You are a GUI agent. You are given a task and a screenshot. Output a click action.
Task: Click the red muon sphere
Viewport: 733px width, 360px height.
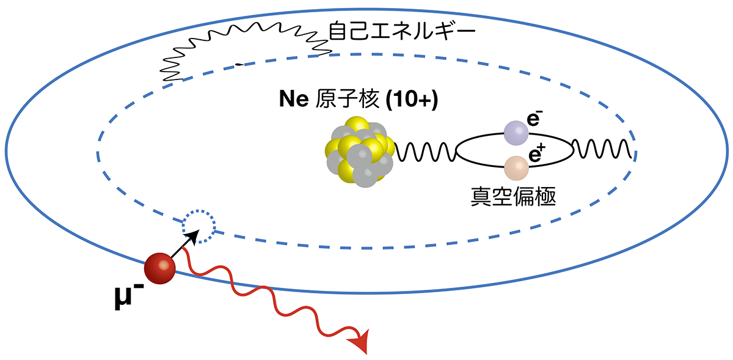point(159,268)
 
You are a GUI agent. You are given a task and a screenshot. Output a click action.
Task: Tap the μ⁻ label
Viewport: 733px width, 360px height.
point(129,297)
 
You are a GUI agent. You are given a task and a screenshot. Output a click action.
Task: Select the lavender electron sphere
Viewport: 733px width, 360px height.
point(516,133)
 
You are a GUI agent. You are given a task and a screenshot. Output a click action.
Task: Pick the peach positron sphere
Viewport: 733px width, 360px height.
point(516,168)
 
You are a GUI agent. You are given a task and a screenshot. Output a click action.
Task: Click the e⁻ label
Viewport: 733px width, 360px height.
point(534,119)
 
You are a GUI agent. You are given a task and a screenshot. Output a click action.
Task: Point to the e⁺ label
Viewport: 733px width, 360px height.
point(537,154)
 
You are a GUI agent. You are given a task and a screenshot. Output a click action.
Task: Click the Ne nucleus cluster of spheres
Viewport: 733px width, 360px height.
point(360,152)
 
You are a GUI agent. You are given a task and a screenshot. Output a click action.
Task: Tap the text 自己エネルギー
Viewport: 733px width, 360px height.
point(402,31)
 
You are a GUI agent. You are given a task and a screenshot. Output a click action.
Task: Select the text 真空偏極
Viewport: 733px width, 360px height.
point(514,197)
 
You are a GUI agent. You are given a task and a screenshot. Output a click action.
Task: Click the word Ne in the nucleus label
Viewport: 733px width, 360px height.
point(294,98)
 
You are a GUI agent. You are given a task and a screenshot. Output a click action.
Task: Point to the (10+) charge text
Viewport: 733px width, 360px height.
point(412,99)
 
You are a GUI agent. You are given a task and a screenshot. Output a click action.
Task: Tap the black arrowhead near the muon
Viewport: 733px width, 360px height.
point(193,237)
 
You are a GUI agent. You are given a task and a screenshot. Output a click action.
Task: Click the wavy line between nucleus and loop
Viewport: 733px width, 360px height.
point(425,152)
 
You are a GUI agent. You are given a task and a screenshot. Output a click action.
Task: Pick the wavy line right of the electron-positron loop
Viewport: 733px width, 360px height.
point(602,149)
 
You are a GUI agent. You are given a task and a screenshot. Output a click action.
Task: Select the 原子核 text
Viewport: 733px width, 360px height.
point(347,98)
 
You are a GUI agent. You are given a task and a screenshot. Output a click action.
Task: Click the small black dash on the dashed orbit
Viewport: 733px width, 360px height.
point(239,65)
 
